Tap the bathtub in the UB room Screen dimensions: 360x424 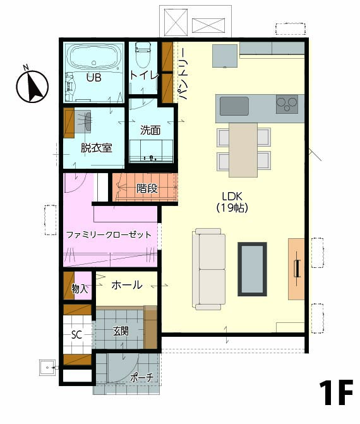[x=93, y=58]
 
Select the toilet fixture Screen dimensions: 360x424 [x=143, y=55]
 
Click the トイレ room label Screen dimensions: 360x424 [x=145, y=75]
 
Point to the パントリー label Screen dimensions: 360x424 [x=183, y=74]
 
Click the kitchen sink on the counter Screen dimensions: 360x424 [x=234, y=106]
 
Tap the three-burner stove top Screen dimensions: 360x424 [x=287, y=104]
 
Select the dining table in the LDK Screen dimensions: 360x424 [x=243, y=150]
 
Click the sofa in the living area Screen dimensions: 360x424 [x=209, y=269]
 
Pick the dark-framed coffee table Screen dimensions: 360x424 [x=252, y=269]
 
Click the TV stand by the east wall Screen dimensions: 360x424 [x=296, y=269]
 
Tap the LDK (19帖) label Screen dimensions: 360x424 [x=232, y=202]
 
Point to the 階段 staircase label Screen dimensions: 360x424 [x=147, y=188]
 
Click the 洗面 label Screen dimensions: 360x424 [x=150, y=130]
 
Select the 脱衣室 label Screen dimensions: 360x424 [x=97, y=148]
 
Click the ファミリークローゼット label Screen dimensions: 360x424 [x=109, y=234]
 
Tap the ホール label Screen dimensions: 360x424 [x=127, y=285]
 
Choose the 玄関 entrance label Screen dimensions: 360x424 [x=121, y=331]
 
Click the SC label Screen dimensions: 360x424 [x=76, y=335]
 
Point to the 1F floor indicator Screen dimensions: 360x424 [x=335, y=392]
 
